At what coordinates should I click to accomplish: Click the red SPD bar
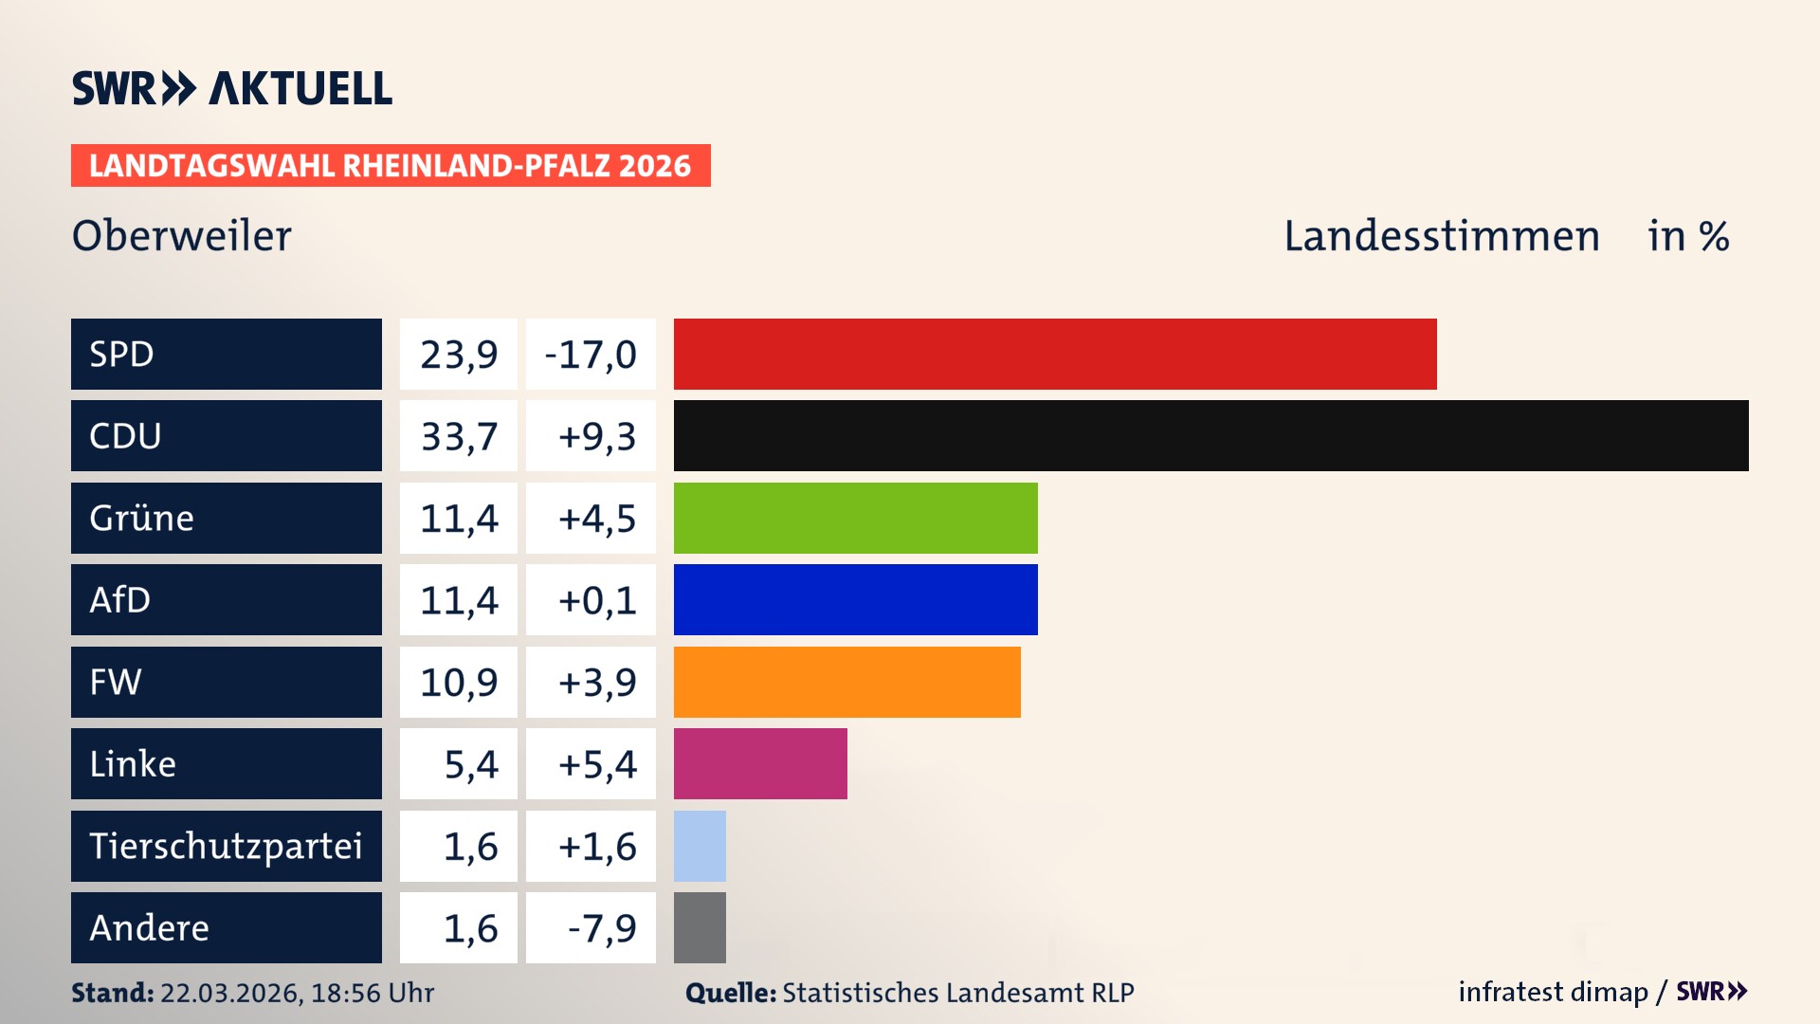point(1054,354)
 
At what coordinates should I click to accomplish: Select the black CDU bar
point(1210,435)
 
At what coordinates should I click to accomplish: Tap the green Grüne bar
point(855,518)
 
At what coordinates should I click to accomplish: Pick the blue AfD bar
point(855,599)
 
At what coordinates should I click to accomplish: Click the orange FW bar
point(846,682)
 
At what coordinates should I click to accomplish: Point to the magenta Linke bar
point(760,763)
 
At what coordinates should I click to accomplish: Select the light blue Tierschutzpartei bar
point(700,846)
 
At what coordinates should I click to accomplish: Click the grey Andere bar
point(700,927)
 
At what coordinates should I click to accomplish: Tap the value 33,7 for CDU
point(459,436)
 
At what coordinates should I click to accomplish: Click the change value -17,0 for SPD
point(591,355)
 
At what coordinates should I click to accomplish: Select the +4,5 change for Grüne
point(596,519)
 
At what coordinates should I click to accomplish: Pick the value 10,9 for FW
point(459,683)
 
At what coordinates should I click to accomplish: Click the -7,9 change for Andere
point(601,928)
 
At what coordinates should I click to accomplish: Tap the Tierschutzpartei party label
point(226,846)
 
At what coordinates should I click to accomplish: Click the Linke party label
point(133,764)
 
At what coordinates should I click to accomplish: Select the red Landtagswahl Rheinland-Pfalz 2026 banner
point(391,166)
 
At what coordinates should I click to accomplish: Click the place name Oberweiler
point(182,236)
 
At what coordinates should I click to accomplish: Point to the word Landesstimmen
point(1441,236)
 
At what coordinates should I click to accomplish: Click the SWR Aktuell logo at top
point(232,88)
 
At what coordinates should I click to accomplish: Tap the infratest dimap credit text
point(1552,992)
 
